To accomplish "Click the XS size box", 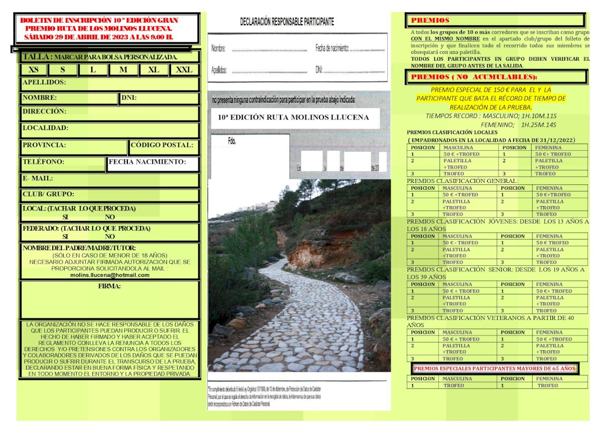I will pos(34,70).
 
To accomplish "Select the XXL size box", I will pos(184,70).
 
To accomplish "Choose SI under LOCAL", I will pos(65,217).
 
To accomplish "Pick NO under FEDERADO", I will pos(109,236).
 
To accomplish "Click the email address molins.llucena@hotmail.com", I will pos(110,275).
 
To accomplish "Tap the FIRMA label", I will pos(109,287).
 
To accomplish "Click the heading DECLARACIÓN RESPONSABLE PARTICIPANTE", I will pos(287,22).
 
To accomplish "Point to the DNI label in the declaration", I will pos(319,70).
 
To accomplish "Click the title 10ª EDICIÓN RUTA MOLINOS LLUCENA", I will pos(293,118).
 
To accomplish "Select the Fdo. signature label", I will pos(232,141).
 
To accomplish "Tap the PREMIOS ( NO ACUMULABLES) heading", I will pos(474,77).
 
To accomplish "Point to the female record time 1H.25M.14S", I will pos(539,124).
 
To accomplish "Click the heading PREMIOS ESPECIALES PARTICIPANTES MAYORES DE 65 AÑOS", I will pos(495,369).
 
